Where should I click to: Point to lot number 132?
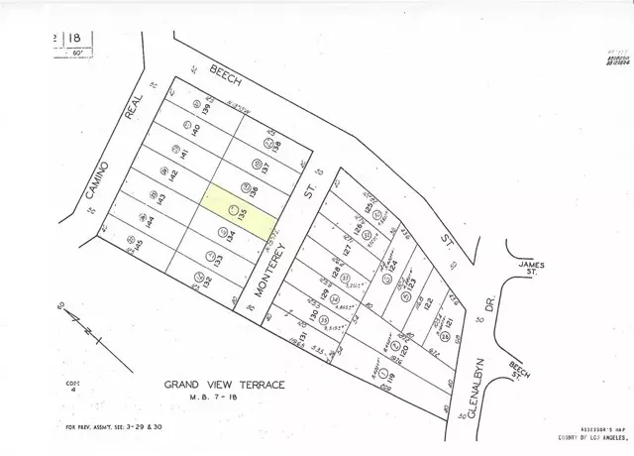[208, 282]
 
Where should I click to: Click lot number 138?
[278, 147]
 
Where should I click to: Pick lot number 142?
[174, 174]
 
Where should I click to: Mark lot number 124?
[392, 266]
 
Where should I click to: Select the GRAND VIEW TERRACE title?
[225, 384]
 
